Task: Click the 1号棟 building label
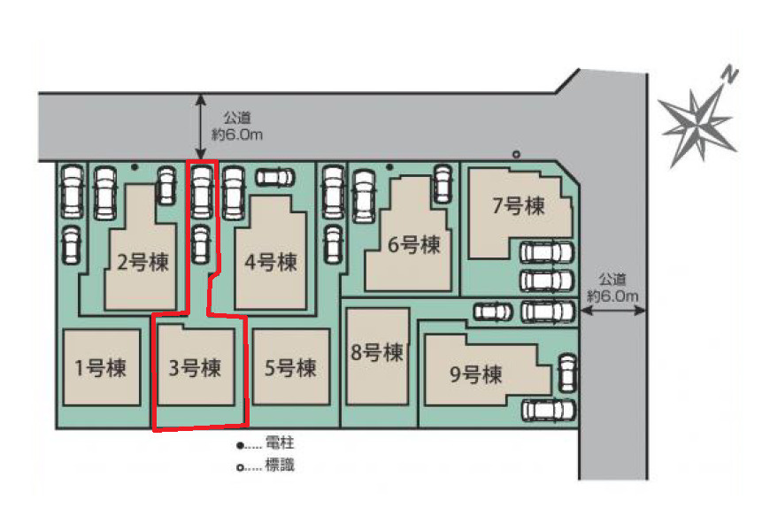[x=101, y=368]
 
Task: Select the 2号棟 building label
[x=142, y=262]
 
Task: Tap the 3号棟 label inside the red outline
[x=195, y=368]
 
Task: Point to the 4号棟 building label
[x=271, y=262]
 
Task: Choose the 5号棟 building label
[x=290, y=368]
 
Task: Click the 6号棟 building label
[x=413, y=244]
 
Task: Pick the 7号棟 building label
[x=519, y=206]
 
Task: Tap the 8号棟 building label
[x=377, y=352]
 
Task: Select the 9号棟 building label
[x=476, y=374]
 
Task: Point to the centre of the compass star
[x=697, y=123]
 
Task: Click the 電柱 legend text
[x=280, y=443]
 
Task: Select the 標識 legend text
[x=280, y=465]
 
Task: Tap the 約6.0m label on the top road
[x=237, y=134]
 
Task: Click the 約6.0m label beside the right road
[x=612, y=296]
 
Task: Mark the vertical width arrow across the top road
[x=200, y=127]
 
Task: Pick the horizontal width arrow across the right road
[x=612, y=311]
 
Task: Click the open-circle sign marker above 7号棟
[x=516, y=154]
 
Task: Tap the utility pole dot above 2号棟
[x=135, y=167]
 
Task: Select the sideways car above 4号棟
[x=275, y=177]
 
